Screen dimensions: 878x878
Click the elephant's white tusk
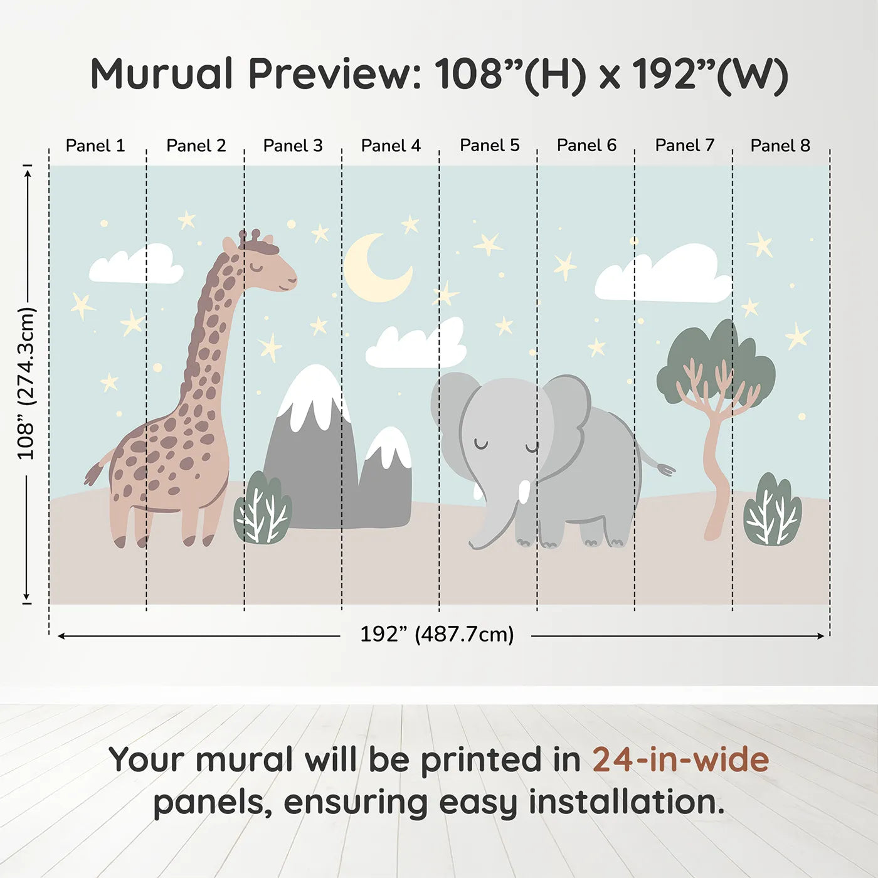[x=524, y=492]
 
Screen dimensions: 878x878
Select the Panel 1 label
[x=95, y=145]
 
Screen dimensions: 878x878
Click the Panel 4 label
[x=391, y=145]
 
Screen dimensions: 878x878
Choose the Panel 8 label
[x=780, y=145]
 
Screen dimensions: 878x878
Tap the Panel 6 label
[x=586, y=145]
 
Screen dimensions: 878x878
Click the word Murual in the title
[x=162, y=74]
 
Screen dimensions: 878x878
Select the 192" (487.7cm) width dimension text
[x=436, y=635]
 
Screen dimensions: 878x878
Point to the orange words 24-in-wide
[x=680, y=759]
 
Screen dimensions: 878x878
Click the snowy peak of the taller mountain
[x=314, y=392]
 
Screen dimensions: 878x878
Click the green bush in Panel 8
[x=772, y=510]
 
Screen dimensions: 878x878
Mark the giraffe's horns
[x=250, y=236]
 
